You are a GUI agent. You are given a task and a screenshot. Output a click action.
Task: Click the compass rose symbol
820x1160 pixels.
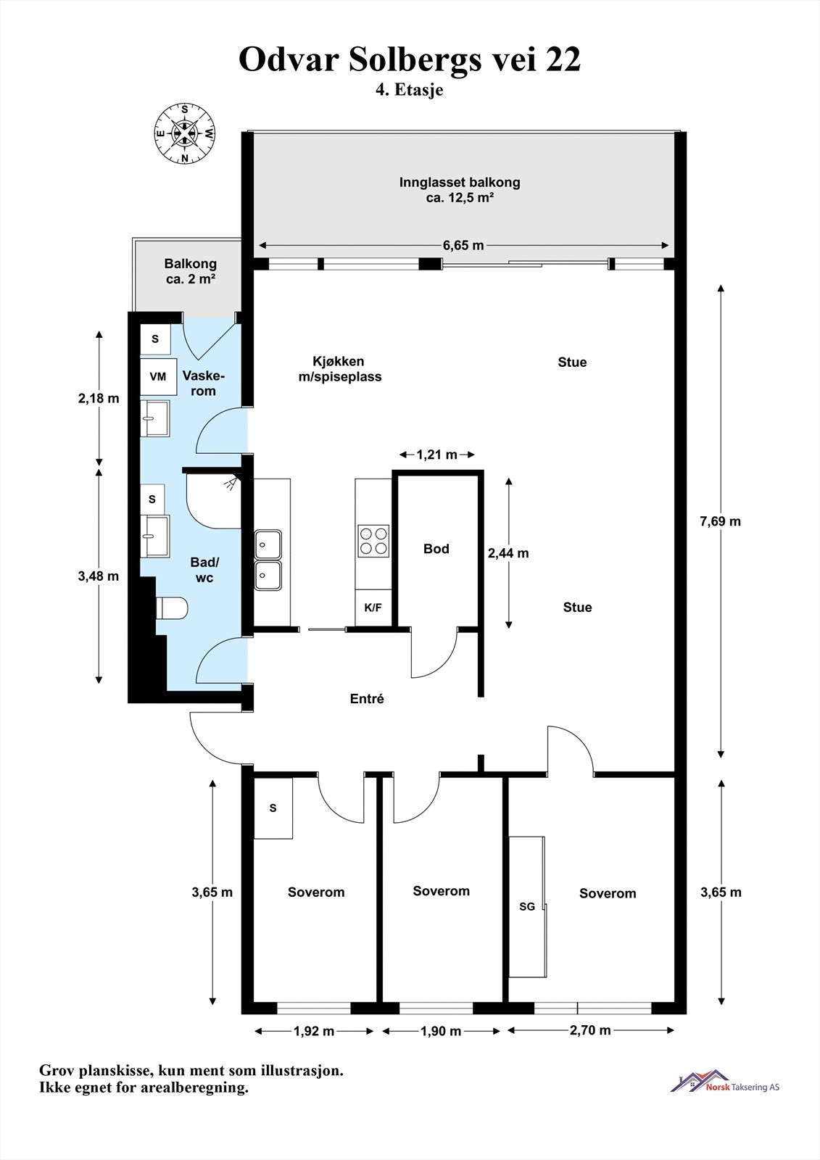point(184,133)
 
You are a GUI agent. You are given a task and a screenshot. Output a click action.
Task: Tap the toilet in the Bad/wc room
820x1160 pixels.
point(172,608)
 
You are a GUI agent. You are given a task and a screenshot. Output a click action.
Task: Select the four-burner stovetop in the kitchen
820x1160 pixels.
point(373,541)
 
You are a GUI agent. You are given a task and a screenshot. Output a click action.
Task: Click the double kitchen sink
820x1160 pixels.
point(268,560)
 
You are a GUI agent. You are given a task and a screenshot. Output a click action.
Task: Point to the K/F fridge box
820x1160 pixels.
point(373,608)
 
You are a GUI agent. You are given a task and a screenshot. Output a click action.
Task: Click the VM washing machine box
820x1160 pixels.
point(158,376)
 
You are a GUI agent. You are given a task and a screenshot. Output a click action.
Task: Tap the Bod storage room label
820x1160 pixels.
point(436,549)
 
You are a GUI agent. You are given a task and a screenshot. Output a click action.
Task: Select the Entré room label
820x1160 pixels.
point(367,699)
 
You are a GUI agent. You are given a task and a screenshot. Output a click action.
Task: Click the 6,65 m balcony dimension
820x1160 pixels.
point(463,245)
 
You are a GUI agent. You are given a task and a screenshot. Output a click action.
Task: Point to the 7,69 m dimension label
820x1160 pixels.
point(720,521)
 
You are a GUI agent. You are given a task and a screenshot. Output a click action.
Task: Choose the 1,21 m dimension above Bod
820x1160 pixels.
point(436,455)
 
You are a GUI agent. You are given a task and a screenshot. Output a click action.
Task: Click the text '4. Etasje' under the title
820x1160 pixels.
point(409,90)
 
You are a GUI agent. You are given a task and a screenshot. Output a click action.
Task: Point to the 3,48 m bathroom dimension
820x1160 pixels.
point(99,576)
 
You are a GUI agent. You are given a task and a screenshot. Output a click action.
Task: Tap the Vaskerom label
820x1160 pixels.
point(204,384)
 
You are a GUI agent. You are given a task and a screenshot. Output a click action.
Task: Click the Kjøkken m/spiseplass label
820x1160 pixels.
point(340,369)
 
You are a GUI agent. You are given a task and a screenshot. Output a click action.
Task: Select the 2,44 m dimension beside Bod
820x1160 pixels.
point(508,553)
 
